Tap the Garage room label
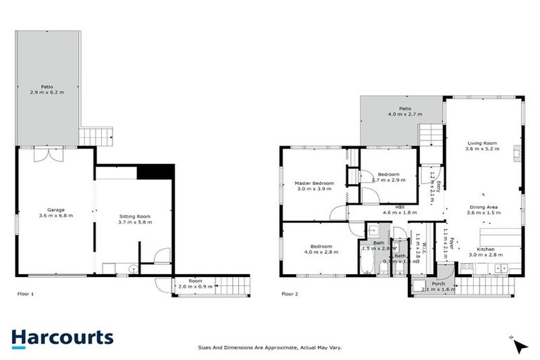[56, 210]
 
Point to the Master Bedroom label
[313, 184]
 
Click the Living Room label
[482, 143]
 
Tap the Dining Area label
[484, 207]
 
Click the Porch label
[438, 283]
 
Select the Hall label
[399, 207]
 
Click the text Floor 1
[25, 293]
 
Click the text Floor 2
[290, 293]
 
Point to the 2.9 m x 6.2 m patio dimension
[47, 92]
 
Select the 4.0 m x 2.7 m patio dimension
[404, 114]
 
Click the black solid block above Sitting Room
[155, 172]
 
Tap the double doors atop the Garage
[54, 154]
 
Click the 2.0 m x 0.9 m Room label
[190, 284]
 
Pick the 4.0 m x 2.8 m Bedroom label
[317, 250]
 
